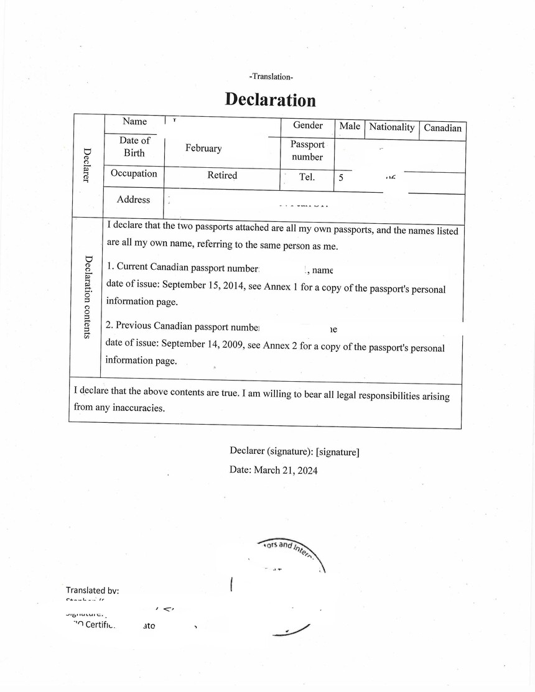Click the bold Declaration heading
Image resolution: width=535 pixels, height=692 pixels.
pos(270,99)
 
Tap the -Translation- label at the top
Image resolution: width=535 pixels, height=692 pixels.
pos(271,76)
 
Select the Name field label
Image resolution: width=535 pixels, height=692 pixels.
pos(134,122)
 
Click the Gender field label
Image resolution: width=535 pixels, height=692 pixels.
pos(308,126)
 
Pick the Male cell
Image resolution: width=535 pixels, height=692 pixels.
pos(350,126)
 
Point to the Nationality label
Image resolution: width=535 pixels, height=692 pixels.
pos(392,127)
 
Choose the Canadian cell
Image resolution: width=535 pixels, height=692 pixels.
pos(443,128)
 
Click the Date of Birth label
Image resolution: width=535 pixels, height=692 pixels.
pos(134,147)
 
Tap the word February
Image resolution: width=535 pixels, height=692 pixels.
pos(203,149)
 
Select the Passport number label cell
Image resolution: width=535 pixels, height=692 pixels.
pos(307,150)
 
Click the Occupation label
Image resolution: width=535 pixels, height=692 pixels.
pos(134,173)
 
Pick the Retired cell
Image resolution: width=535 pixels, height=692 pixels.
pos(222,175)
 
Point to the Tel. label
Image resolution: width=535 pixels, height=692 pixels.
pos(307,177)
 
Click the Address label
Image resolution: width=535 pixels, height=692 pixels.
pos(133,200)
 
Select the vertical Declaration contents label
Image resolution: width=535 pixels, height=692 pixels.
pos(88,297)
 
